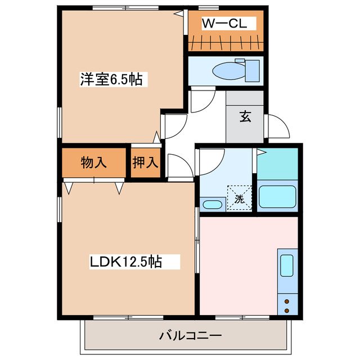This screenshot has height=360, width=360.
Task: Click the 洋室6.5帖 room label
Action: pos(111,80)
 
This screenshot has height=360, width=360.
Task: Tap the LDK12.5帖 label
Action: pos(127,262)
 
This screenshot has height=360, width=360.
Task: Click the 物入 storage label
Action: pos(93,164)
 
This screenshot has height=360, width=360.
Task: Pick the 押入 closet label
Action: pos(146,164)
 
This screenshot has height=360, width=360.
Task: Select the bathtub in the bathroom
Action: pos(277,196)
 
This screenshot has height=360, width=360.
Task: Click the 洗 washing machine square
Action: pos(239,198)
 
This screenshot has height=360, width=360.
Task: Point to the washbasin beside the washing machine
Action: pos(211,204)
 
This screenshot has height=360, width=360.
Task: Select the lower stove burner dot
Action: pos(287,309)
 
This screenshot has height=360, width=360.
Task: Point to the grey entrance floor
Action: pos(245,127)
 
